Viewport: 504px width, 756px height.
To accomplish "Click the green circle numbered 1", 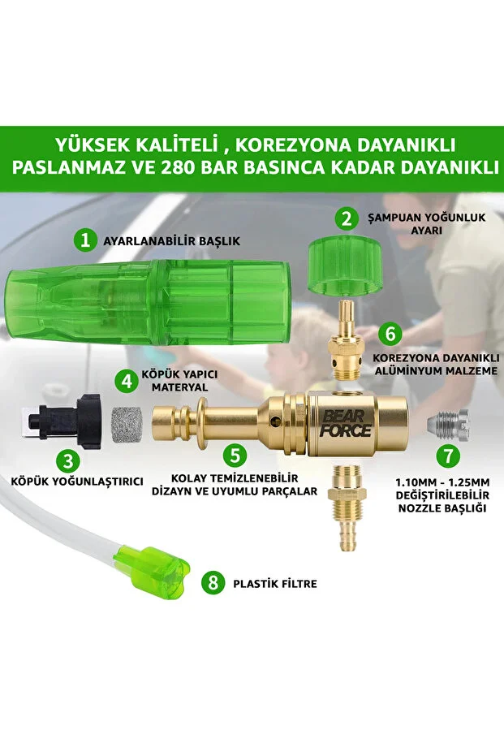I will (x=84, y=240).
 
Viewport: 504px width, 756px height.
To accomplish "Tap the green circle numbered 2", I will (x=347, y=218).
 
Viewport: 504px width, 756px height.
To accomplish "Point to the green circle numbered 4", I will (x=125, y=380).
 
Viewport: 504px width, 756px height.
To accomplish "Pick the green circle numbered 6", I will (x=390, y=333).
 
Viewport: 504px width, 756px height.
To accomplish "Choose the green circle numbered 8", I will (x=213, y=582).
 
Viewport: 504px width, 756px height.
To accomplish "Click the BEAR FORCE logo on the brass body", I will (x=344, y=422).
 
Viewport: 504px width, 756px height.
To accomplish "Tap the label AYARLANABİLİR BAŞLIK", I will (x=171, y=241).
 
